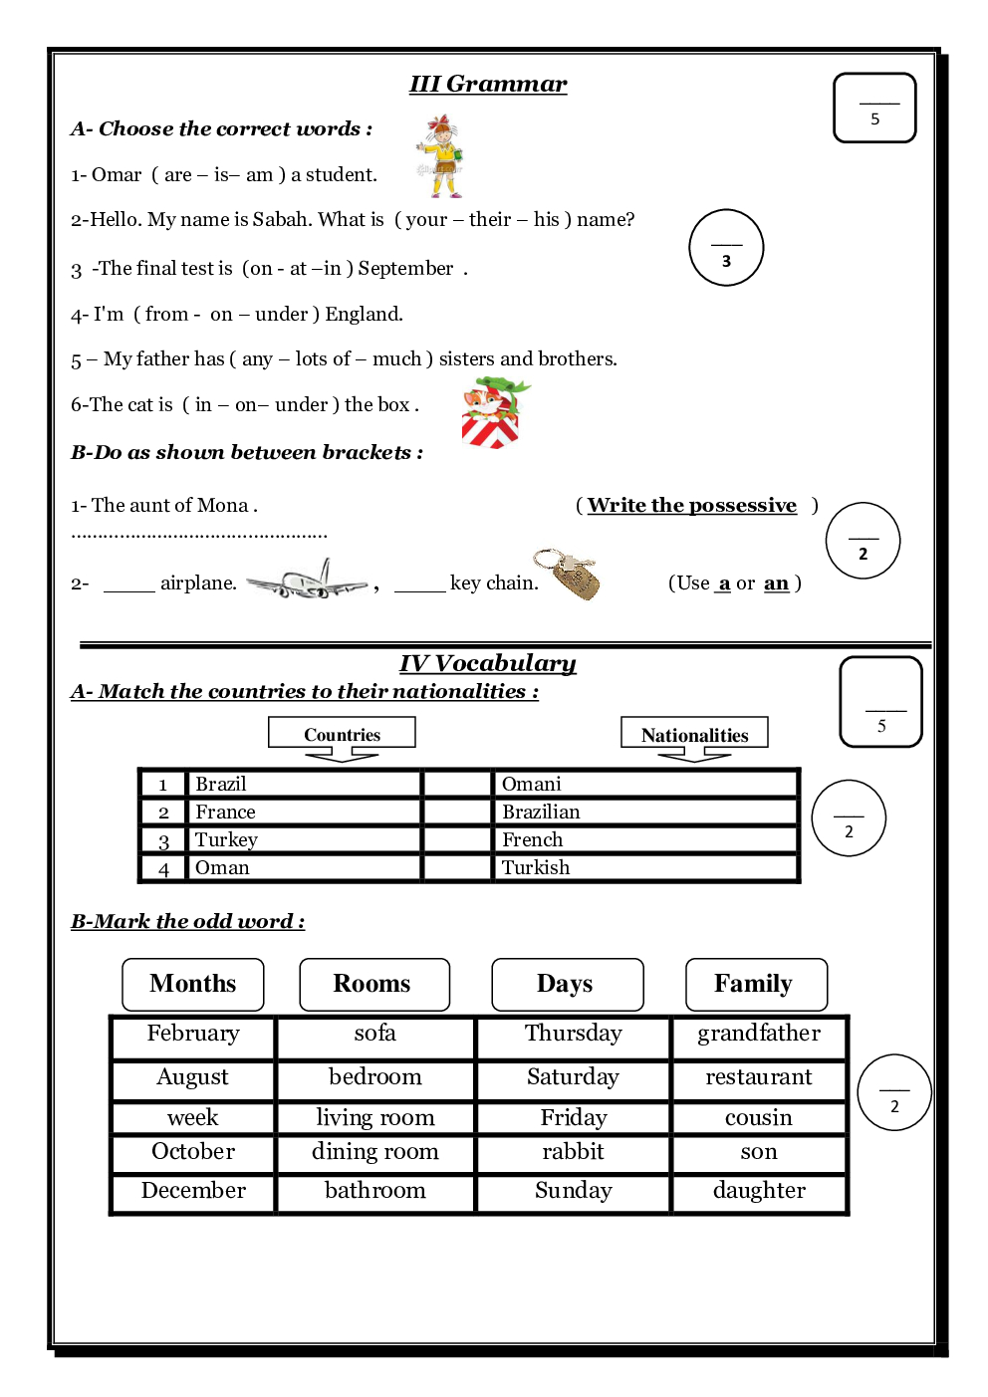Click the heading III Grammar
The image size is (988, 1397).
(x=488, y=85)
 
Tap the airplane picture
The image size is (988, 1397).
(x=307, y=581)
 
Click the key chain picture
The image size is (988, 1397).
(x=568, y=575)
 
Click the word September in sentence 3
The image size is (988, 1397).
(x=405, y=269)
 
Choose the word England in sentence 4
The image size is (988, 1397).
(x=364, y=315)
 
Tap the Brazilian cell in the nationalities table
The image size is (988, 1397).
(x=541, y=813)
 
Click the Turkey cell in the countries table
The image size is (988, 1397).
(x=226, y=840)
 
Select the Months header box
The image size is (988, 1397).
(x=193, y=984)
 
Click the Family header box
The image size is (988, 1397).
(x=755, y=984)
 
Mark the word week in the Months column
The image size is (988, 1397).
(x=193, y=1117)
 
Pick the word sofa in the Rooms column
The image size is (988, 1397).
(x=375, y=1034)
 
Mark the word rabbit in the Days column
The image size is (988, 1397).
(x=573, y=1152)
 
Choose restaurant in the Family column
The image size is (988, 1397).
(x=759, y=1077)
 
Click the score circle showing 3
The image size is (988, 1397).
(x=726, y=248)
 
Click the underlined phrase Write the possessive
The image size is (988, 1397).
(x=692, y=506)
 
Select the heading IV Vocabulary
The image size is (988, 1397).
(x=488, y=664)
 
